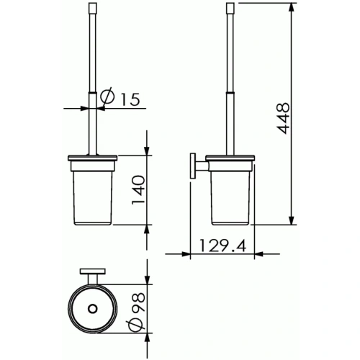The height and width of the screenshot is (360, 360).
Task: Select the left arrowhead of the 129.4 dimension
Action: click(185, 253)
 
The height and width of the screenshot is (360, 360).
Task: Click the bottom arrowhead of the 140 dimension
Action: click(147, 228)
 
